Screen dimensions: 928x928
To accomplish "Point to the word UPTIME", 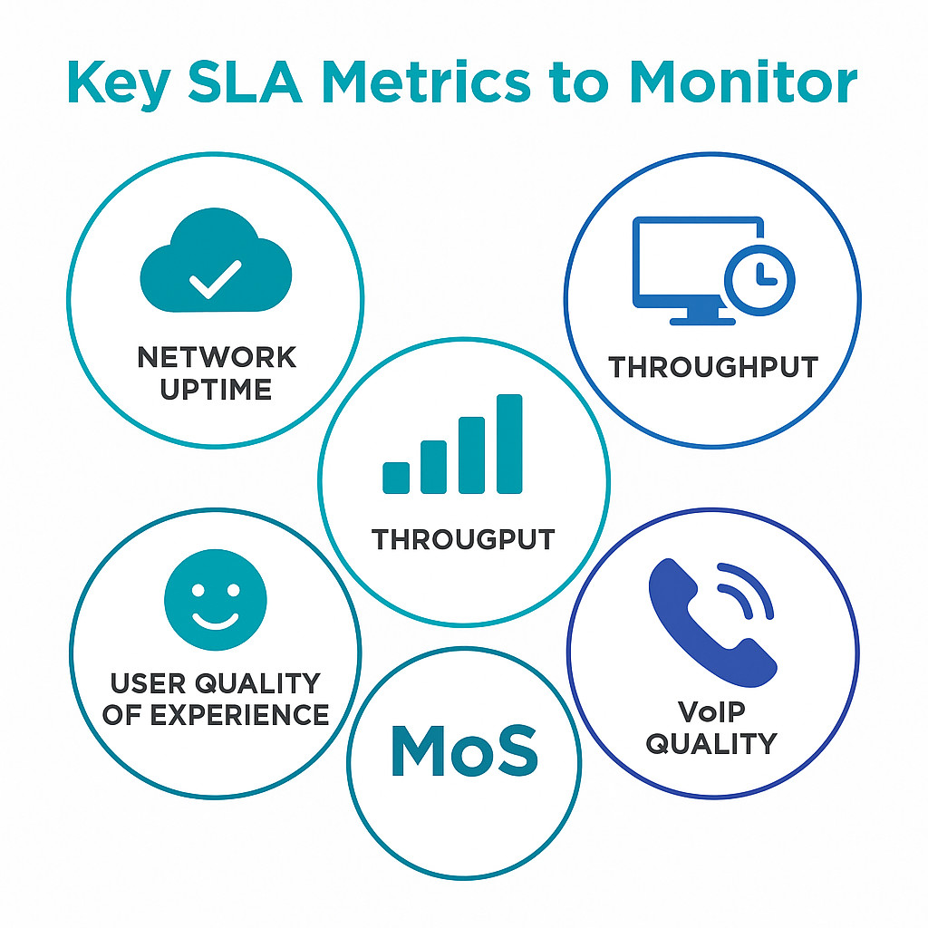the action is (x=216, y=390).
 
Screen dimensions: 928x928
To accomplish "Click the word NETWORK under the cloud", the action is (x=216, y=357).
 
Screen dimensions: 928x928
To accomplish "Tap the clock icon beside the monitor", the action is (x=759, y=277).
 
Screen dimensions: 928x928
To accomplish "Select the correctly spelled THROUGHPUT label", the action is (x=713, y=367).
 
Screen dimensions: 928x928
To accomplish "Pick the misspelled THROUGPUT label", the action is (x=463, y=539).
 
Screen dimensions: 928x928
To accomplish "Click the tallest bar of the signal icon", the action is (x=510, y=444).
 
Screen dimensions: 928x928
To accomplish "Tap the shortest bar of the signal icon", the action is (x=396, y=477).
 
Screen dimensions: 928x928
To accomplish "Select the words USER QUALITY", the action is (x=216, y=681).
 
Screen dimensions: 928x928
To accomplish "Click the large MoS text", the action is (x=464, y=751).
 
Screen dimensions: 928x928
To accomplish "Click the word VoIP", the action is (x=712, y=710).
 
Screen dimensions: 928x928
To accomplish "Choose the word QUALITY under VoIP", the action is (x=712, y=743).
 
